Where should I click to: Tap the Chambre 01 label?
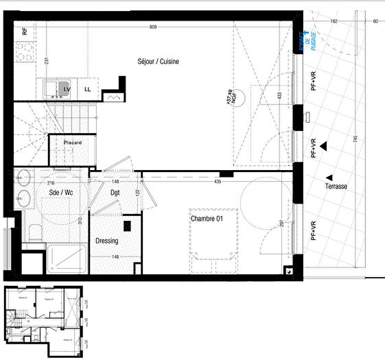click(x=209, y=219)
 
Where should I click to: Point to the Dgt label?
click(x=115, y=193)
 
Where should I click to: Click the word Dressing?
click(x=106, y=241)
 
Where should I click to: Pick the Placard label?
click(x=73, y=143)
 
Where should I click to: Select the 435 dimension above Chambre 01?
click(x=217, y=182)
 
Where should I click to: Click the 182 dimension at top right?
click(x=334, y=21)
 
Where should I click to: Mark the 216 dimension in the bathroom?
click(x=50, y=183)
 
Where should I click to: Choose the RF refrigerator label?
click(x=25, y=32)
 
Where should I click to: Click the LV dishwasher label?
click(x=67, y=89)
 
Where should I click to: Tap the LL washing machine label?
click(x=87, y=89)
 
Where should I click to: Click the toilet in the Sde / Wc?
click(x=33, y=232)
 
